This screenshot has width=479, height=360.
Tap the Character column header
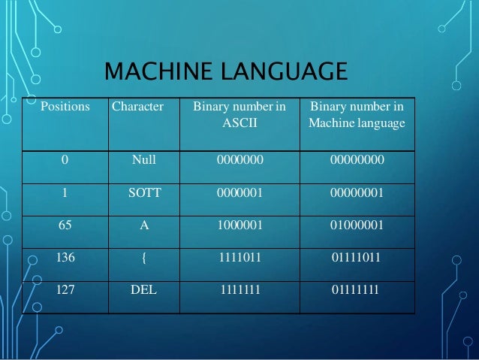(x=137, y=107)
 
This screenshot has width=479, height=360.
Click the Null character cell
(x=143, y=159)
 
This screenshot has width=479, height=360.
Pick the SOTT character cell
(x=143, y=192)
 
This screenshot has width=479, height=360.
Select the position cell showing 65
(x=66, y=224)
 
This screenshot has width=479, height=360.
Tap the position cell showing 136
(x=66, y=256)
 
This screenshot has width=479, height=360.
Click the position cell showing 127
(x=66, y=289)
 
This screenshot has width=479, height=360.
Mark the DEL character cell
(x=143, y=289)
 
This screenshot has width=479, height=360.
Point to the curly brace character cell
(x=143, y=256)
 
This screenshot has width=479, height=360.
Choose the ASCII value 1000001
(x=239, y=224)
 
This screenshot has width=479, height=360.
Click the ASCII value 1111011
(x=239, y=256)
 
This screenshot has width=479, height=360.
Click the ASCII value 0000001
(x=239, y=192)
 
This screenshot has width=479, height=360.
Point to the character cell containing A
(x=143, y=224)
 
